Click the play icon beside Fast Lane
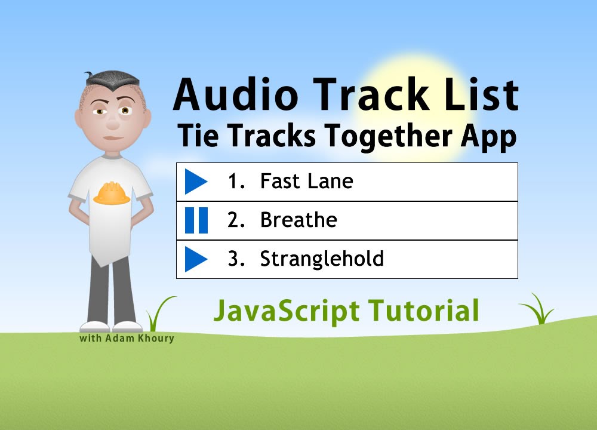click(x=195, y=182)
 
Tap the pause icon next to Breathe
click(x=196, y=220)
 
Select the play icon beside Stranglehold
click(x=195, y=259)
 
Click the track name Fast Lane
click(x=306, y=182)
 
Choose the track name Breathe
click(x=298, y=220)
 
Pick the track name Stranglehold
click(x=322, y=259)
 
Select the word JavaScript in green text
click(x=287, y=311)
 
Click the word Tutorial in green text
click(x=423, y=311)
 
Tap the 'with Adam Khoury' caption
click(x=127, y=339)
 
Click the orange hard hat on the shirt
click(x=112, y=193)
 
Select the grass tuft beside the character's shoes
click(x=158, y=314)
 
